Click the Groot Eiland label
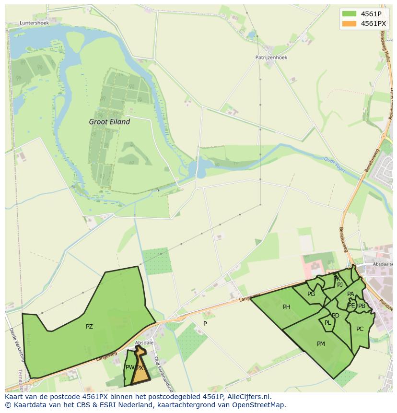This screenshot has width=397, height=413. pyautogui.click(x=109, y=122)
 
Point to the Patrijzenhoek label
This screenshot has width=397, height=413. pyautogui.click(x=271, y=57)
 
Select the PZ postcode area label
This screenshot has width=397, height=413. pyautogui.click(x=89, y=327)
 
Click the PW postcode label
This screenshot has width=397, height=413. pyautogui.click(x=129, y=367)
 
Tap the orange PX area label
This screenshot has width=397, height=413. pyautogui.click(x=140, y=368)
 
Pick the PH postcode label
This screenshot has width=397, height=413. pyautogui.click(x=286, y=307)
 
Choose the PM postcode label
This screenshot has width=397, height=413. pyautogui.click(x=321, y=343)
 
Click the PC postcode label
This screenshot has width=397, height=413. pyautogui.click(x=360, y=329)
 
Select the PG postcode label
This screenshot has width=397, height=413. pyautogui.click(x=311, y=294)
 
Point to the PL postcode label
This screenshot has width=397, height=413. pyautogui.click(x=327, y=323)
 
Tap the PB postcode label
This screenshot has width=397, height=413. pyautogui.click(x=362, y=306)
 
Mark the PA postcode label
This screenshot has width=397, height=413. pyautogui.click(x=350, y=294)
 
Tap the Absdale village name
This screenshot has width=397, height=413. pyautogui.click(x=144, y=342)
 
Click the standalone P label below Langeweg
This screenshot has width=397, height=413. pyautogui.click(x=205, y=323)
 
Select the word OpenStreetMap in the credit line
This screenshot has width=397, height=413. pyautogui.click(x=262, y=405)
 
